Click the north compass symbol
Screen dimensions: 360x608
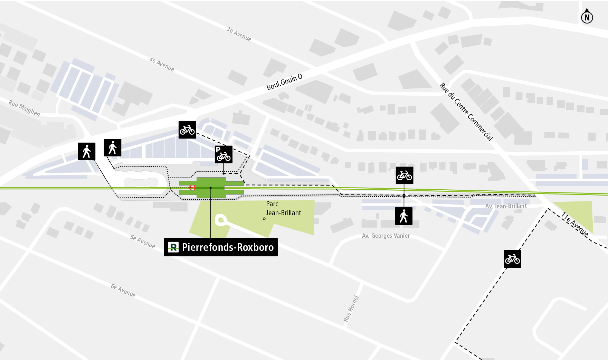(x=587, y=17)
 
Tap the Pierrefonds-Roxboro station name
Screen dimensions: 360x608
(x=228, y=247)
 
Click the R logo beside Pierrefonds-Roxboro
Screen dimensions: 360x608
(x=173, y=247)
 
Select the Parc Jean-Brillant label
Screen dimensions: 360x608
(x=283, y=208)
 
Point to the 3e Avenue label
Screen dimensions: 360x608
(x=239, y=34)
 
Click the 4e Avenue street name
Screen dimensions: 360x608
(x=162, y=64)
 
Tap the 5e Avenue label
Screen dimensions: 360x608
(x=142, y=241)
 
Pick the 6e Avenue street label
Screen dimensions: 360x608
(x=123, y=290)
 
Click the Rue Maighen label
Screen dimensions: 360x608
(x=24, y=108)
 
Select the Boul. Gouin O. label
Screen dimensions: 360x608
(x=285, y=82)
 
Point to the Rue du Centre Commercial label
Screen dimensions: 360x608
(x=466, y=111)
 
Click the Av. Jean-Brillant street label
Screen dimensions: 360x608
(x=506, y=206)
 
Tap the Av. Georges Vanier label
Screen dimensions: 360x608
(x=386, y=236)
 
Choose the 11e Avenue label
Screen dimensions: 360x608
(x=575, y=224)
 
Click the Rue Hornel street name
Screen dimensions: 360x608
(x=351, y=309)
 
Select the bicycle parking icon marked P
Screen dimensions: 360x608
(x=224, y=154)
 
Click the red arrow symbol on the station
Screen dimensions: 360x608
(x=192, y=188)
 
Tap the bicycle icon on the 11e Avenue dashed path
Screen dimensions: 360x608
(x=512, y=259)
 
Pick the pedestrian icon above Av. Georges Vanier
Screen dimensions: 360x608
(x=403, y=216)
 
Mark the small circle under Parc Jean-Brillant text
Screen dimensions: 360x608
(x=264, y=219)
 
